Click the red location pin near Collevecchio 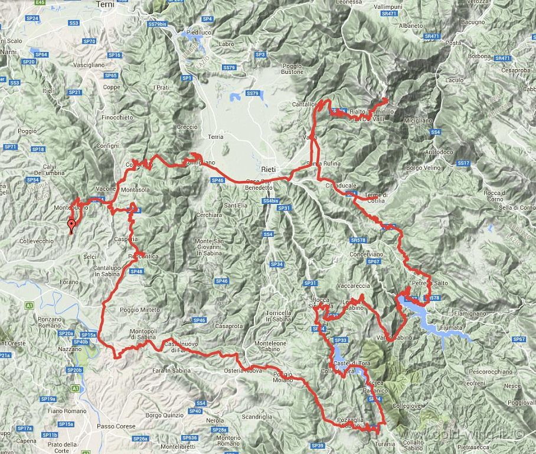pos(71,225)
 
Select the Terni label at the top pos(105,4)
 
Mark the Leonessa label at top pos(348,2)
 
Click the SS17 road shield pos(463,163)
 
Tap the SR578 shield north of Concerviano pos(358,240)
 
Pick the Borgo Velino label pos(423,168)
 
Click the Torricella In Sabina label pos(279,316)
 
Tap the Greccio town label pos(187,127)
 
